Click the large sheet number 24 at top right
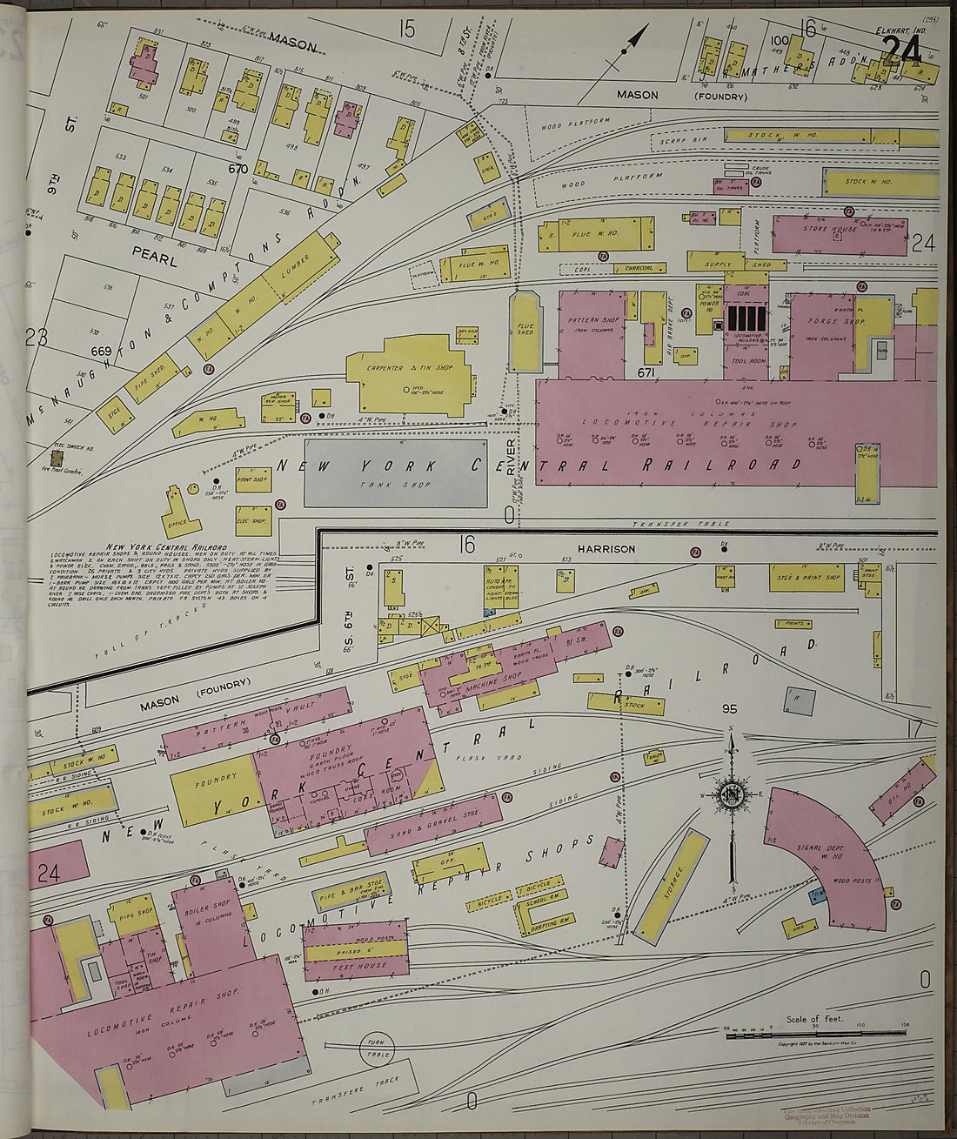[x=901, y=50]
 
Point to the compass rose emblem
[x=732, y=794]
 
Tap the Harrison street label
[x=606, y=549]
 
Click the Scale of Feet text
[x=814, y=1018]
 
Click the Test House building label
[x=355, y=966]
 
